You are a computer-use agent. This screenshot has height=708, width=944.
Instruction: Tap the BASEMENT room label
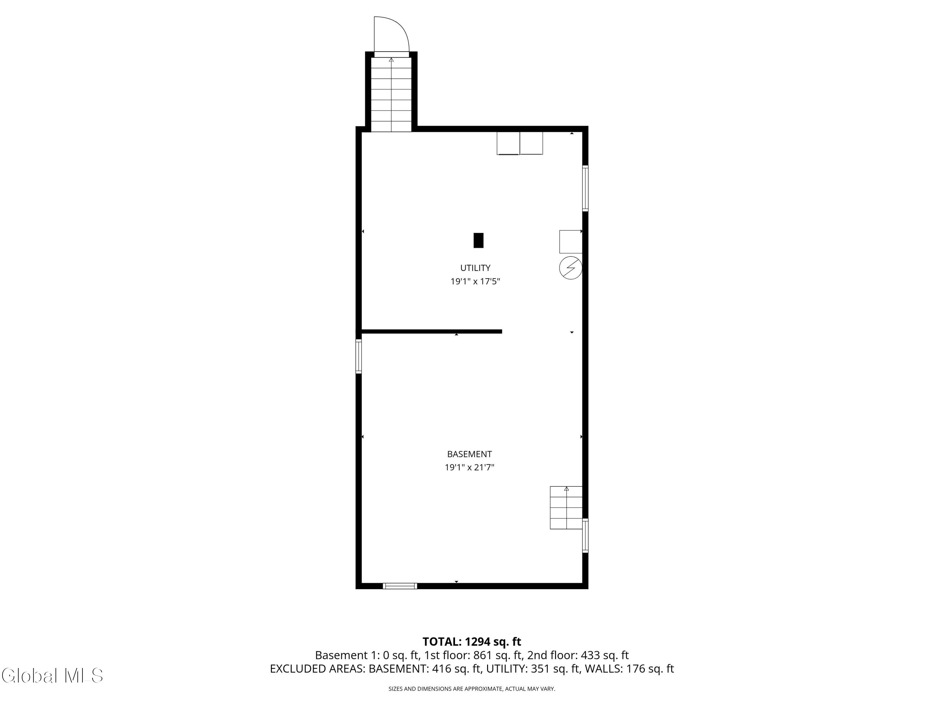469,454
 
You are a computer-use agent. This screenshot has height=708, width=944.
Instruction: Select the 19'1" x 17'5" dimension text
475,282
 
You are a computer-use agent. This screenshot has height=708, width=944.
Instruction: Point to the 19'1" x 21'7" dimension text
469,467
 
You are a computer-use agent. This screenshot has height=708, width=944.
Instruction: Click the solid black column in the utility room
478,240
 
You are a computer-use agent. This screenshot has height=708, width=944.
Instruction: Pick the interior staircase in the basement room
566,508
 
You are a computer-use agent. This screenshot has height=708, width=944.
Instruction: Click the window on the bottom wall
400,586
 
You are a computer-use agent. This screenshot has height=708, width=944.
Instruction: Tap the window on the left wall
358,356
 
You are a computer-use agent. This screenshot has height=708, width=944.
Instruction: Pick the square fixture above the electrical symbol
570,242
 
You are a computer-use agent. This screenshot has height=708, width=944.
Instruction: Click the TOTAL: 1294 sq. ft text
472,641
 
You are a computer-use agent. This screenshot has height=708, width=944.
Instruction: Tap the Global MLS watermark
52,675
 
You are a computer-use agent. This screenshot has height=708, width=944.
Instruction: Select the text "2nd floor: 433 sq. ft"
578,655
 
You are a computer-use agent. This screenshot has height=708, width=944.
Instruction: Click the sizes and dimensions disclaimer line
472,688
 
